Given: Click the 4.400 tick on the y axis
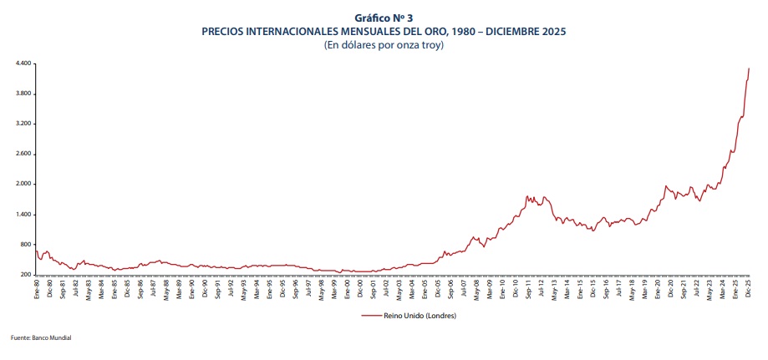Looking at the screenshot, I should point(23,63).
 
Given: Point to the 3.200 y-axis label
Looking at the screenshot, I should point(23,124).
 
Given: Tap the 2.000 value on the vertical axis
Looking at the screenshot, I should point(23,184).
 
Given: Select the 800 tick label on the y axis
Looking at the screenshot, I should point(25,245).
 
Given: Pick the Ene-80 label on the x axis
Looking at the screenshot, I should point(37,288).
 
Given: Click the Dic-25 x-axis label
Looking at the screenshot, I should point(749,288).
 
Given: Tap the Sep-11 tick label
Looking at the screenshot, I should point(529,288).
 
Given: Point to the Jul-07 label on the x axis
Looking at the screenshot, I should point(464,288).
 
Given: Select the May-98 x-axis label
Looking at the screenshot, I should point(321,288).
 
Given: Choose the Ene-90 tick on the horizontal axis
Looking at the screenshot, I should point(191,288).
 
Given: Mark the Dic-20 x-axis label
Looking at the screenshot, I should point(671,288).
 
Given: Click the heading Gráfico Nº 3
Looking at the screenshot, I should point(384,18).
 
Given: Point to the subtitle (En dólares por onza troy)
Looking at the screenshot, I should point(384,44).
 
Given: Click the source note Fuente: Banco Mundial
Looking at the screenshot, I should point(41,337).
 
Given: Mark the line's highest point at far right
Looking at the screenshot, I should point(749,68).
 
